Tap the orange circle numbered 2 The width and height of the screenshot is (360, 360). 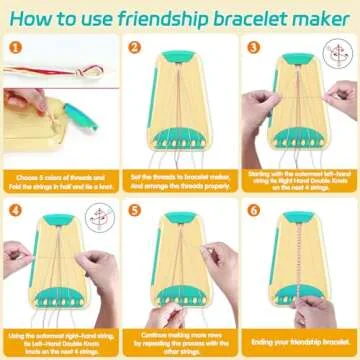click(134, 46)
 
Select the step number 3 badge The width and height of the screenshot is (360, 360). click(252, 46)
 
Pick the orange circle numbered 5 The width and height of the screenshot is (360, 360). click(134, 212)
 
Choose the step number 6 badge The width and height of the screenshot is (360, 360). click(252, 212)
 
